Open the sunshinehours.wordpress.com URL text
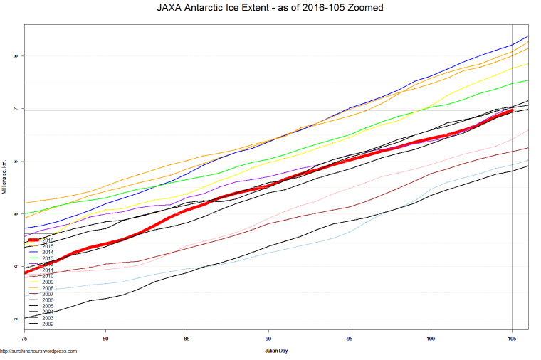(38, 351)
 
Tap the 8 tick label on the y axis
(16, 55)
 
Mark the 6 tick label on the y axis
(16, 162)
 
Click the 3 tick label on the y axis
(16, 319)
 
